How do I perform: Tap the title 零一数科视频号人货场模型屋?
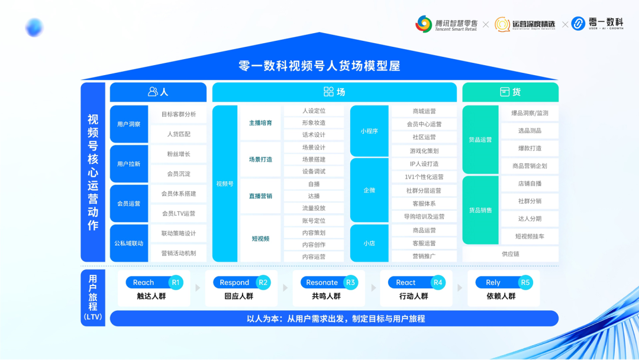point(319,66)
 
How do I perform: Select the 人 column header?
point(158,92)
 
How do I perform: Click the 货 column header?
point(510,92)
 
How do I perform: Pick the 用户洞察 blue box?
point(129,124)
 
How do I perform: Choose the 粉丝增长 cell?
point(179,154)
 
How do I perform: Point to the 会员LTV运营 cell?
point(179,214)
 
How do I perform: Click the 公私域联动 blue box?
point(129,243)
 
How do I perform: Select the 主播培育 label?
point(260,123)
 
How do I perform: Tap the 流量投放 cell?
point(314,208)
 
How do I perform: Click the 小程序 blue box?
point(369,131)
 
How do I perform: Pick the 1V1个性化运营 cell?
point(424,177)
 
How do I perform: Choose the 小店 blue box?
point(369,243)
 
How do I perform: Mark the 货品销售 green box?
point(480,210)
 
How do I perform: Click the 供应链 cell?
point(510,254)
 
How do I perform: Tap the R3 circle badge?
point(350,282)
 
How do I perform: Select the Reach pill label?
point(144,282)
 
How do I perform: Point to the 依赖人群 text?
point(501,296)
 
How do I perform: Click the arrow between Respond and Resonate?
point(285,288)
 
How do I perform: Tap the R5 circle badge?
point(525,282)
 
